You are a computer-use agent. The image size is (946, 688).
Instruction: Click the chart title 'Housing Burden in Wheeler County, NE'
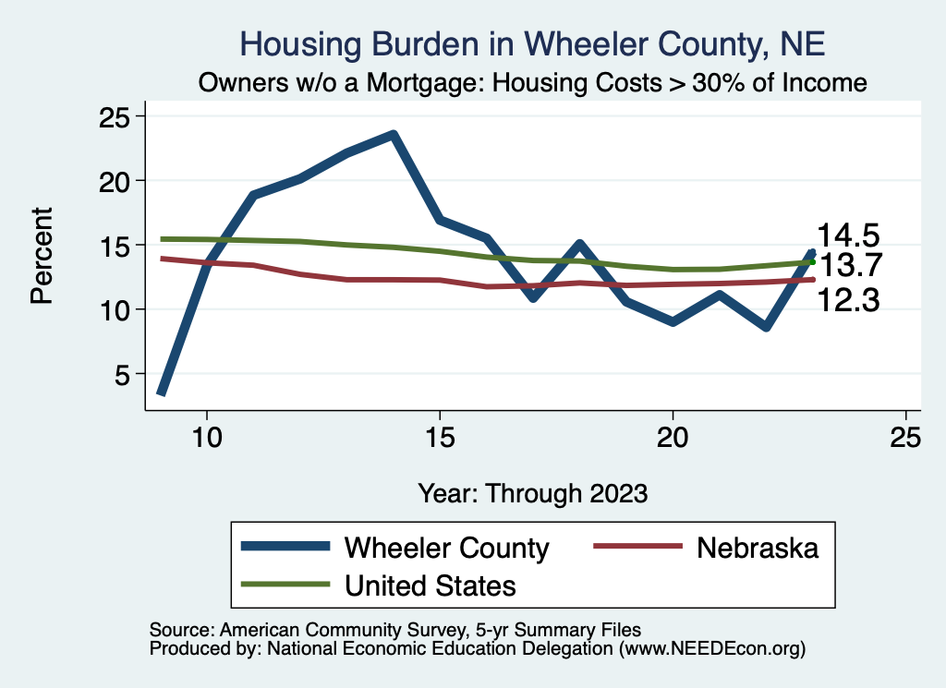click(x=531, y=43)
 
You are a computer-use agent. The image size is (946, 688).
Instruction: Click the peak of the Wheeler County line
click(x=394, y=135)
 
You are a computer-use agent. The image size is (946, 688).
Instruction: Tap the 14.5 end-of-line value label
click(x=846, y=235)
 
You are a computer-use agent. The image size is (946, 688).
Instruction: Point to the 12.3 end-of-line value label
click(x=846, y=299)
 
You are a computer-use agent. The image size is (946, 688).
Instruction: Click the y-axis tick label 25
click(x=115, y=116)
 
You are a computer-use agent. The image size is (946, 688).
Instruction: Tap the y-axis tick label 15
click(x=115, y=245)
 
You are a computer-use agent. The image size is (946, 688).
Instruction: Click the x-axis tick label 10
click(x=206, y=437)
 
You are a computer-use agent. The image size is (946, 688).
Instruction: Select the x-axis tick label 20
click(x=673, y=437)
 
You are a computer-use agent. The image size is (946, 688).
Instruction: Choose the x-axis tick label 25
click(x=905, y=437)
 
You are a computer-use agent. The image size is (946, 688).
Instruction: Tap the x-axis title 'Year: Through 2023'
click(x=532, y=492)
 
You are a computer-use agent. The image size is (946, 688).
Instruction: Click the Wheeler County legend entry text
click(x=446, y=548)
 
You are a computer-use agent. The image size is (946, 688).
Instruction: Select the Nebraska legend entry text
click(x=758, y=548)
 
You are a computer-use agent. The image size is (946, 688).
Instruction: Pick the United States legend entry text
click(x=430, y=585)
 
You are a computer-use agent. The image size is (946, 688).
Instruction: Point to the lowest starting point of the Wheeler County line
click(x=162, y=392)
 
